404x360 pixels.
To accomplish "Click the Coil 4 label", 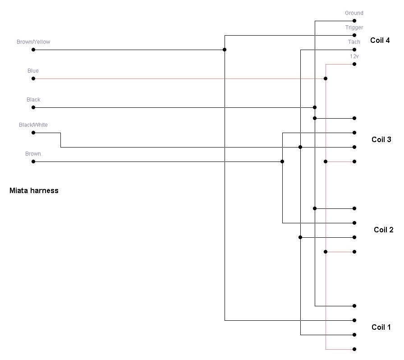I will click(380, 40).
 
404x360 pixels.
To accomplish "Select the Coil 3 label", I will click(381, 139).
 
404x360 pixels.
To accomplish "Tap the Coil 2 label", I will click(383, 230).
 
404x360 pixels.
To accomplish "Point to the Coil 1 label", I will click(381, 327).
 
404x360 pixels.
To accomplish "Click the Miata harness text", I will click(34, 190).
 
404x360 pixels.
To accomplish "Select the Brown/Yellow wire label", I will click(33, 42).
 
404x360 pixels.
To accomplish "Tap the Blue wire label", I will click(33, 71).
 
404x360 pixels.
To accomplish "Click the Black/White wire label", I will click(33, 125).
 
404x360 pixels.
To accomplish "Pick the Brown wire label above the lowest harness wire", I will click(33, 154).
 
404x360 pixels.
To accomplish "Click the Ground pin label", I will click(354, 13).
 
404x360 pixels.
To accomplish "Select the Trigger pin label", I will click(354, 28).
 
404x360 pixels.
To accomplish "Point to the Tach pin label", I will click(354, 42).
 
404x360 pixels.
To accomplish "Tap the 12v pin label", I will click(354, 56).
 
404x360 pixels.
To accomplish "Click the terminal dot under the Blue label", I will click(33, 78).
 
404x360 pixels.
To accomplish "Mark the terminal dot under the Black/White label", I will click(33, 133).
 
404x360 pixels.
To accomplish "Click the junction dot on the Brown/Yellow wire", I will click(225, 50).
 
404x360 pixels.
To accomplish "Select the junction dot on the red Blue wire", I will click(326, 78).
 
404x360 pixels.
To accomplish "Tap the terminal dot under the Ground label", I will click(354, 21).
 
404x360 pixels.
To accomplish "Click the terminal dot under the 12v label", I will click(354, 64).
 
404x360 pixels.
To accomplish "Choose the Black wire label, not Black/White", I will click(33, 100).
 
